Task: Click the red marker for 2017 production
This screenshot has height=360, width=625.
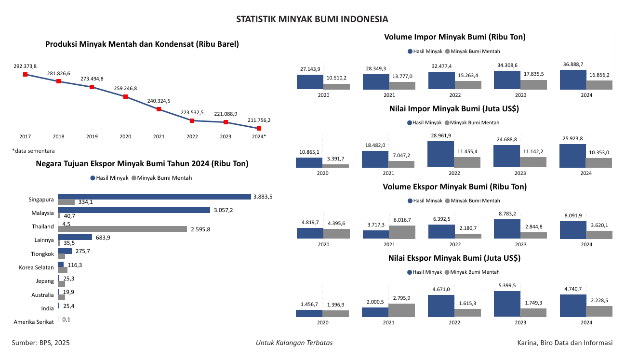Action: click(x=25, y=74)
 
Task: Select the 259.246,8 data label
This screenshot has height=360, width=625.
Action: click(x=125, y=89)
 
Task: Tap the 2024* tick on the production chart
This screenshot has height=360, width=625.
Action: click(x=259, y=137)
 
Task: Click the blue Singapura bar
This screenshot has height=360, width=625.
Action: click(x=154, y=197)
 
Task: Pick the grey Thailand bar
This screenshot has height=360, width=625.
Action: click(x=122, y=229)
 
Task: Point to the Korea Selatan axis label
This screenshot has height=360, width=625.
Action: click(x=37, y=267)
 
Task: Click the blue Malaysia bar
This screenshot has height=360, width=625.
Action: click(x=134, y=210)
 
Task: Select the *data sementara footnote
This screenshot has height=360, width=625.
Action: click(x=33, y=151)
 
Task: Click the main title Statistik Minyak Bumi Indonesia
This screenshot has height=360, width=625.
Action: click(x=312, y=19)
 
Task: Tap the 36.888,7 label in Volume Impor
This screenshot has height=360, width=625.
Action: click(x=573, y=64)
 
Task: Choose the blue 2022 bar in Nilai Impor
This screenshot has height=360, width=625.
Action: click(x=440, y=154)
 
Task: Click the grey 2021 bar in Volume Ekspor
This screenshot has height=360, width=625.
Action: click(x=402, y=232)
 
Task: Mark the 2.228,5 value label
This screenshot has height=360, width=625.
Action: click(x=599, y=300)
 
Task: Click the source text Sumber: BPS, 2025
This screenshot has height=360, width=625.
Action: click(x=41, y=343)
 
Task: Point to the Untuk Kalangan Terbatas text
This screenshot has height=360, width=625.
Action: click(x=294, y=343)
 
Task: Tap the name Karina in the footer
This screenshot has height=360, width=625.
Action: click(x=528, y=343)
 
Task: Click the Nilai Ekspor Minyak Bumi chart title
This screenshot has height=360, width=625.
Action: click(x=454, y=258)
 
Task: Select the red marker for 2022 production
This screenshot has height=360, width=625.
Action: click(x=192, y=120)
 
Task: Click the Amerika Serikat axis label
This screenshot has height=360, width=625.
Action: click(x=34, y=321)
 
